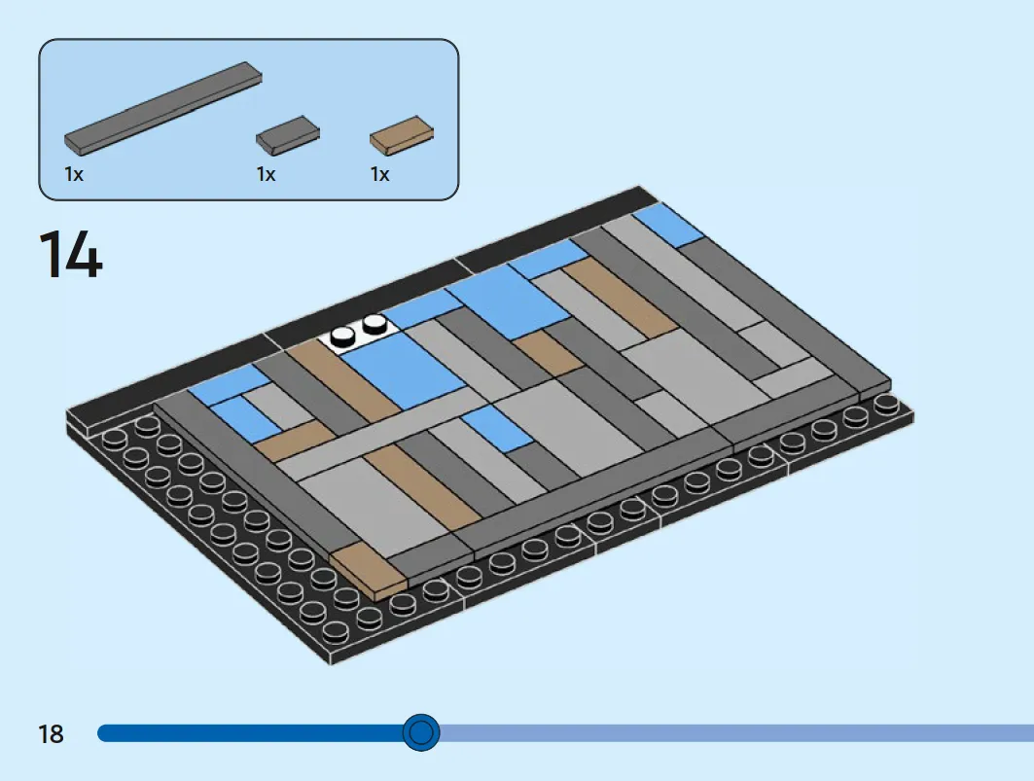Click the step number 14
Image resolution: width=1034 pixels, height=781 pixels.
pos(71,255)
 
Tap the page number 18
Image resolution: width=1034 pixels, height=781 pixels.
pos(51,733)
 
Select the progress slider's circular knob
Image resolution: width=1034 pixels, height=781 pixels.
pos(421,732)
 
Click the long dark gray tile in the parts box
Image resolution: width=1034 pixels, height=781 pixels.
pos(162,108)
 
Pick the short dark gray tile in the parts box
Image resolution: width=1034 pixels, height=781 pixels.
pos(288,135)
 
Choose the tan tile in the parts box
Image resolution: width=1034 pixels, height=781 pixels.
pos(402,136)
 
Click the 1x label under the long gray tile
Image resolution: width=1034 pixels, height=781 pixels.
pos(74,174)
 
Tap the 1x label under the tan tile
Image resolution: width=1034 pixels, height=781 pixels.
pos(379,174)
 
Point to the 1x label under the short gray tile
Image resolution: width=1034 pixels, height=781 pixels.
pos(266,174)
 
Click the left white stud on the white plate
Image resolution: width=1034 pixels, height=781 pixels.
pos(343,337)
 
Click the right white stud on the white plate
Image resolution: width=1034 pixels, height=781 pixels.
pos(374,323)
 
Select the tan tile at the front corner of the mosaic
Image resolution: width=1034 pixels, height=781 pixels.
pos(369,570)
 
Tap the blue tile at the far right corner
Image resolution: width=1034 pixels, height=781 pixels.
pos(669,225)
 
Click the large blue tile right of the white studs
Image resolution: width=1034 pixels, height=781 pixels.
pos(405,370)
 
